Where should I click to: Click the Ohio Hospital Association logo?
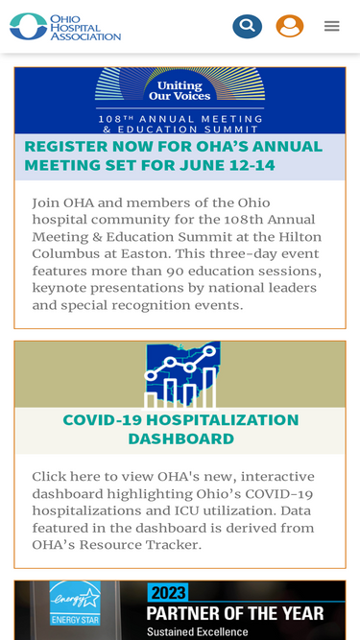pos(64,26)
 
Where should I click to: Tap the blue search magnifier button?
pos(247,26)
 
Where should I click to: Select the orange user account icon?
pos(290,26)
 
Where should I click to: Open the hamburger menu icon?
pos(331,26)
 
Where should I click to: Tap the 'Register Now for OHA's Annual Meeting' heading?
pos(173,155)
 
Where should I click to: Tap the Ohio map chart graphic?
pos(182,374)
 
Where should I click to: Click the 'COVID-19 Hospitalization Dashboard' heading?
pos(180,429)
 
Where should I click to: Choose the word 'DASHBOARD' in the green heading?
pos(180,439)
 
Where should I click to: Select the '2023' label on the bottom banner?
pos(168,592)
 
